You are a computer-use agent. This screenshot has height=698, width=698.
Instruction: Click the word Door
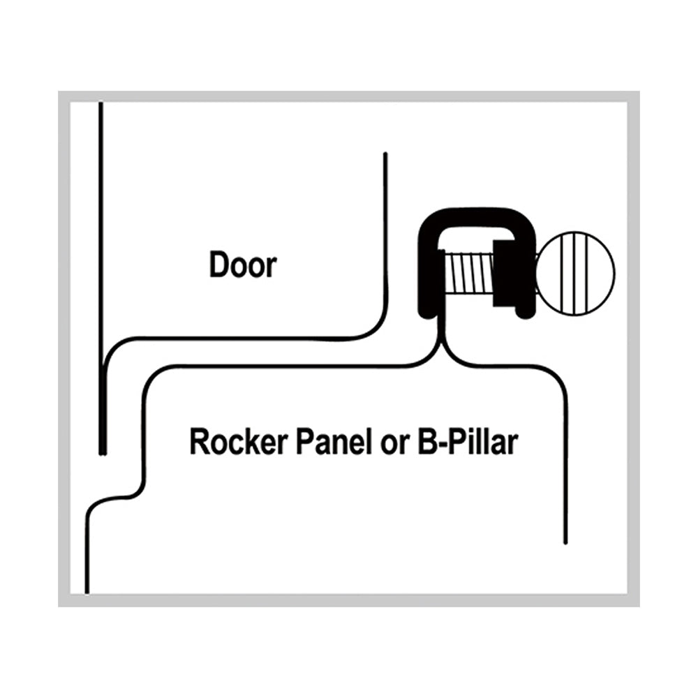tap(243, 265)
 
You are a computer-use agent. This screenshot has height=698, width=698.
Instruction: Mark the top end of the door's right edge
tap(385, 155)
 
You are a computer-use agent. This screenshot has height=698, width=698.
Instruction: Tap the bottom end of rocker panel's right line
tap(565, 541)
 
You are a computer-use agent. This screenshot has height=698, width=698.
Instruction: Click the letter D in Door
tap(218, 265)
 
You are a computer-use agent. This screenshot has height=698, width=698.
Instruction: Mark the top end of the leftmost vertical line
tap(101, 103)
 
